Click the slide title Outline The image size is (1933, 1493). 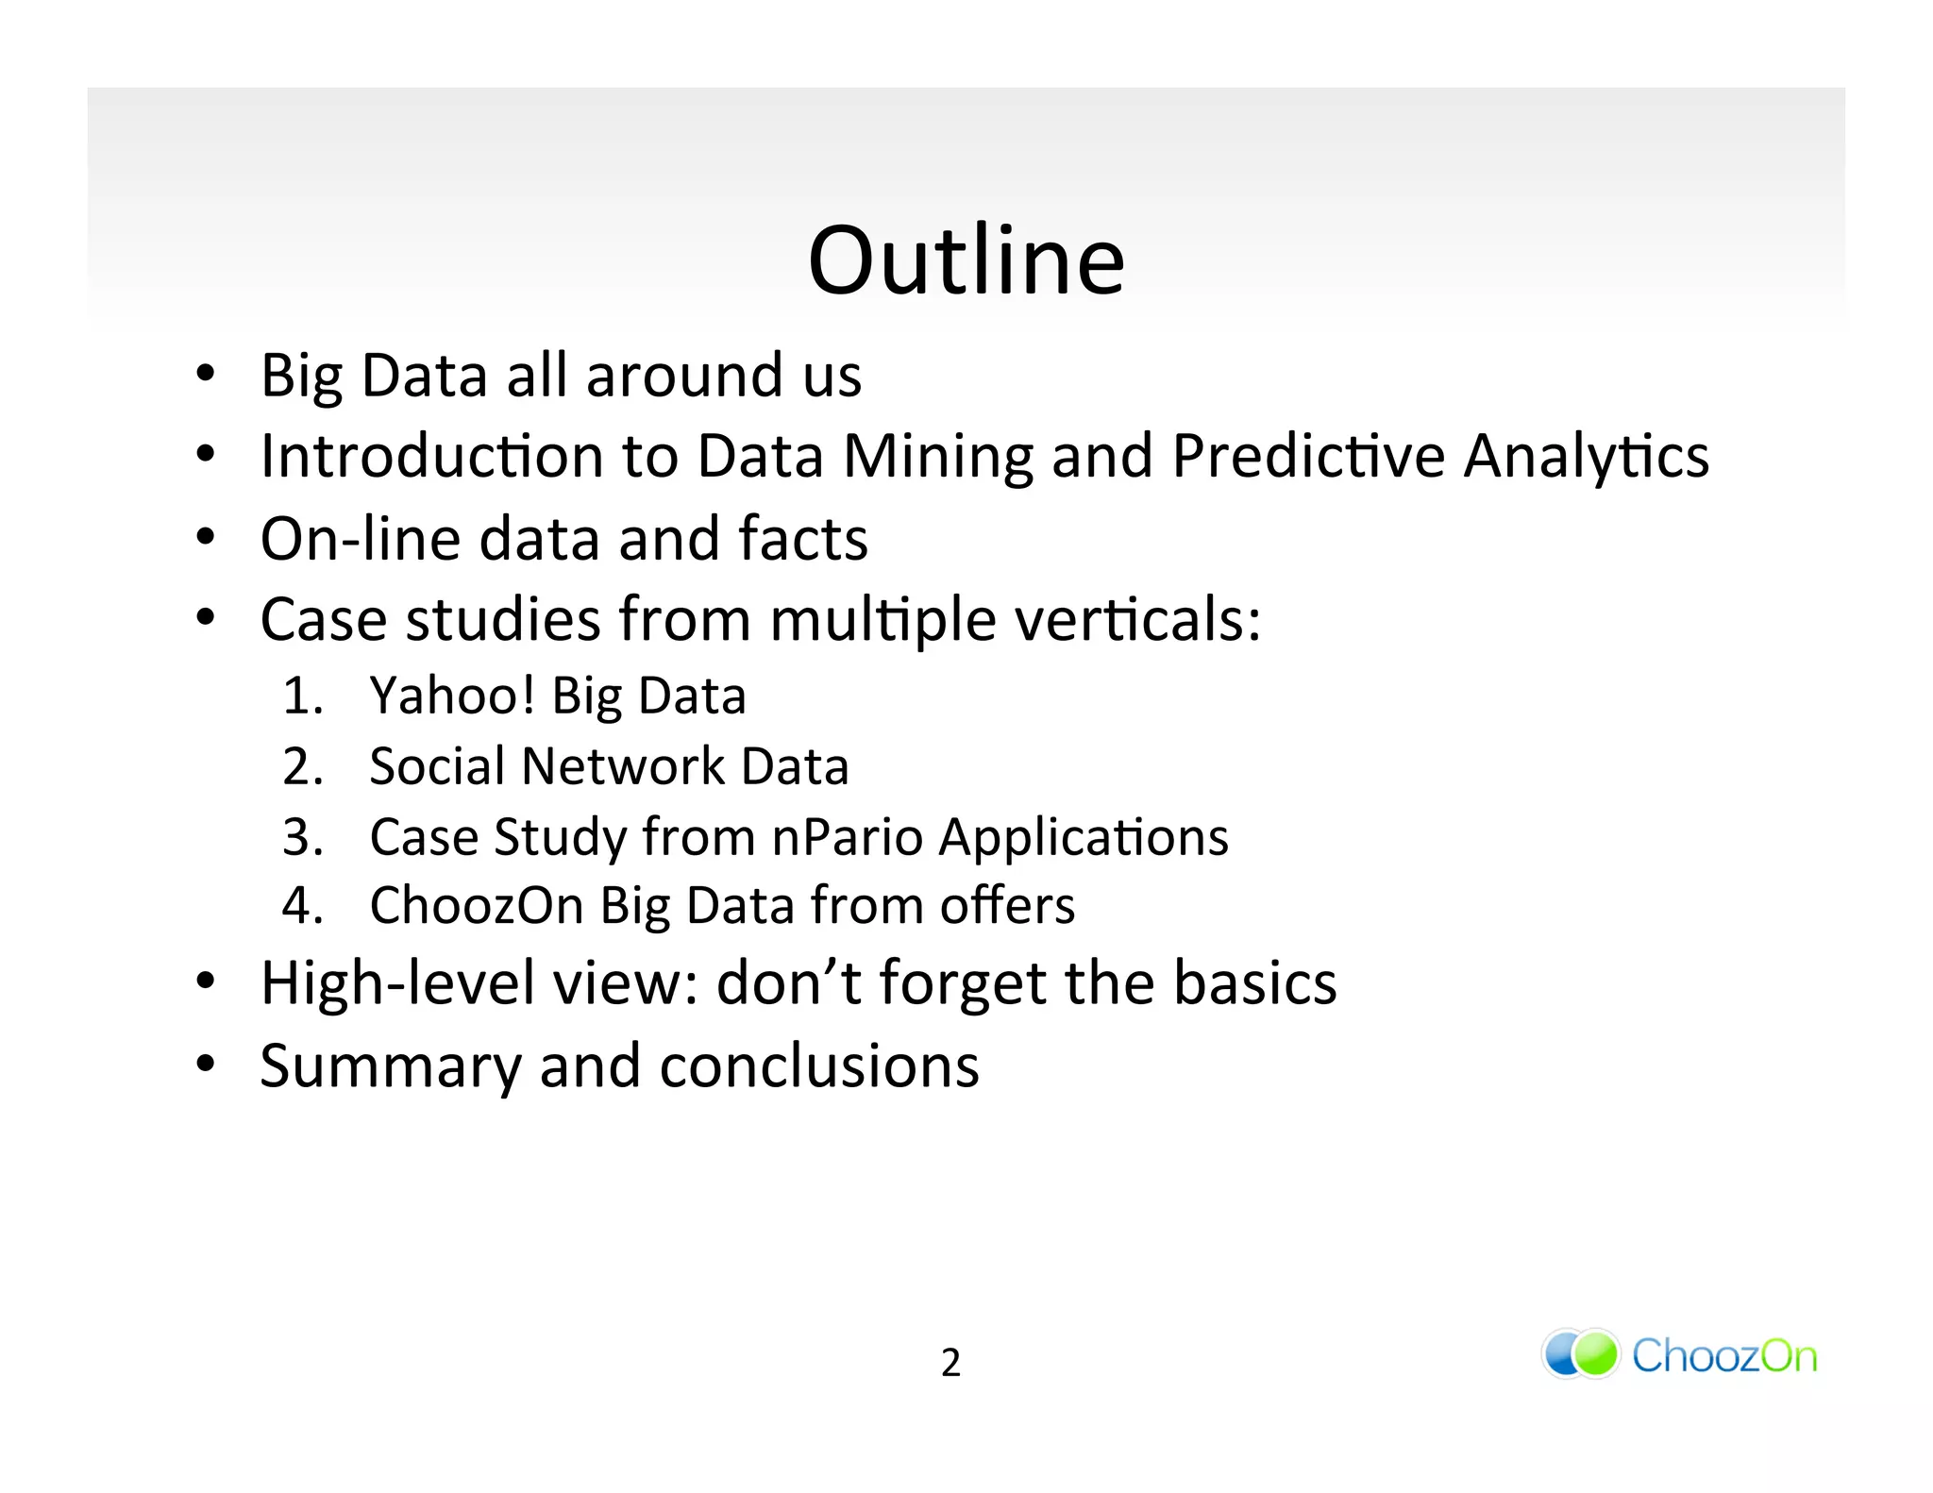click(966, 260)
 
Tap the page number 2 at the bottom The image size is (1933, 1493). click(950, 1363)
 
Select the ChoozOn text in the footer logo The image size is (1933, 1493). click(1723, 1356)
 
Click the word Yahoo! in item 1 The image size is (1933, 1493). click(452, 696)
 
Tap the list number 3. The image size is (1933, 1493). click(301, 837)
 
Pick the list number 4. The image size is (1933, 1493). click(301, 906)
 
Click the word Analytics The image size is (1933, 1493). click(1586, 458)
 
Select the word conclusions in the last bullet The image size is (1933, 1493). click(818, 1066)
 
